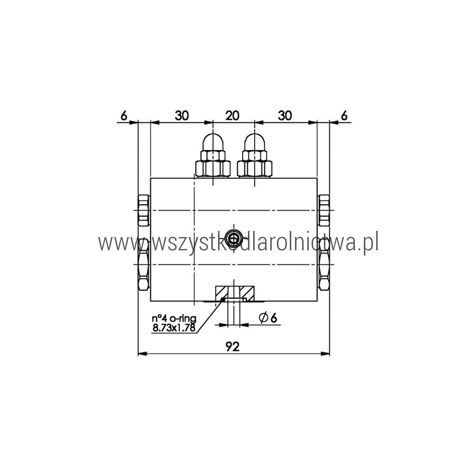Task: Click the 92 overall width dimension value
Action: (233, 346)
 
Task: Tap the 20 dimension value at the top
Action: (232, 115)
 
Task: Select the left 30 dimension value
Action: (182, 115)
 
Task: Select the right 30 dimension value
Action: (285, 115)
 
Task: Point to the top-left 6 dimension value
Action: (124, 116)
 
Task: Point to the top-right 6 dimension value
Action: (344, 116)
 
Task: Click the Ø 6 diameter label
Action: (268, 318)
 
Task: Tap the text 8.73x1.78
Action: (173, 327)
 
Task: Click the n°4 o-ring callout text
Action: (174, 319)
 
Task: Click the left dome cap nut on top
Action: (213, 155)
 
